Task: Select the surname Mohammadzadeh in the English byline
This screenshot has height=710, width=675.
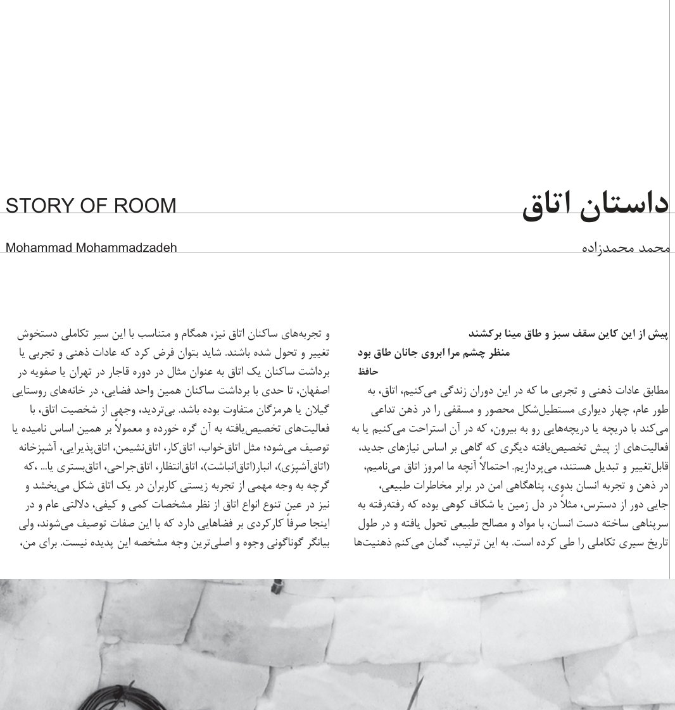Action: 126,247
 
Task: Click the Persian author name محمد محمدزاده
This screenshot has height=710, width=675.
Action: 625,247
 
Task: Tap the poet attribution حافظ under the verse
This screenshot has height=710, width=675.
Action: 367,371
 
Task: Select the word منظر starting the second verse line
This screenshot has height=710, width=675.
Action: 496,352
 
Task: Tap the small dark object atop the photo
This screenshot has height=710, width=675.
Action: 276,588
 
